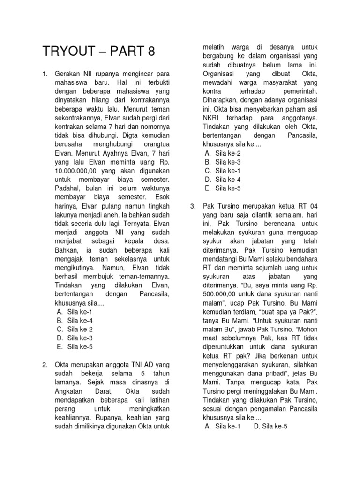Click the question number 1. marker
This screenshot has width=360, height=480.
(45, 75)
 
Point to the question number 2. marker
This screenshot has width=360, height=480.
(45, 364)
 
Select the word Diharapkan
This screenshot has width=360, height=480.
(222, 100)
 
